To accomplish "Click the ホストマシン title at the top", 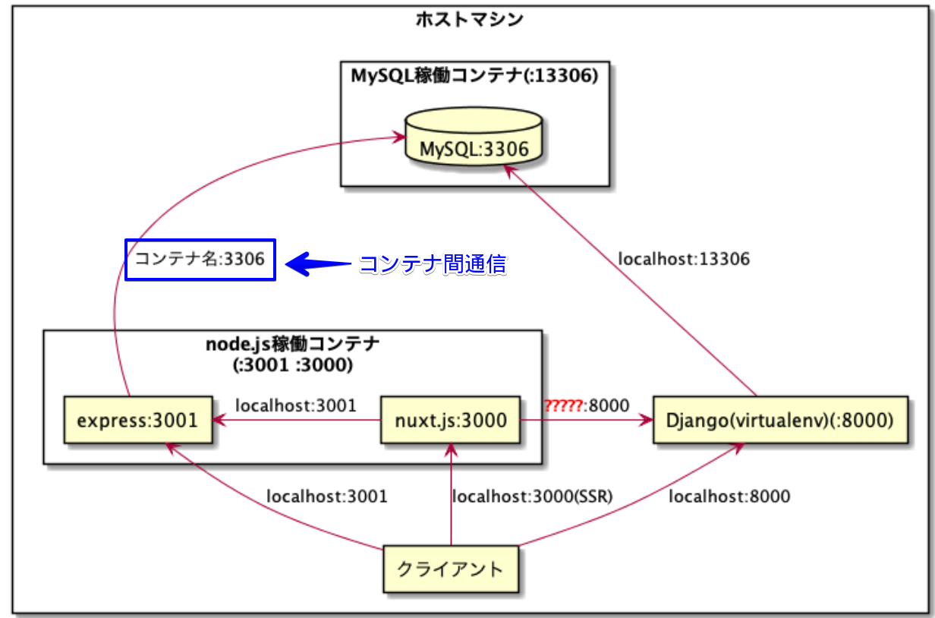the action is pos(470,20).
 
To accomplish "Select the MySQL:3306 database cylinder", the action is pos(474,137).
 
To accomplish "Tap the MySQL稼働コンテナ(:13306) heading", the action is pos(474,76).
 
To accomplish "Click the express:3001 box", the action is pos(138,420).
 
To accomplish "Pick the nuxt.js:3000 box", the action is pos(450,420).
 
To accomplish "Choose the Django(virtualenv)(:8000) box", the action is pos(780,420).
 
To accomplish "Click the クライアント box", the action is pos(451,569).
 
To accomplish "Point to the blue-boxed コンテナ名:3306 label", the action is pos(200,260).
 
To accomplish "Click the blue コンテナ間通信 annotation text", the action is pos(433,264).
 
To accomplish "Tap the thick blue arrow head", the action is pos(298,264).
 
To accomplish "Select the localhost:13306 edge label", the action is pos(684,259).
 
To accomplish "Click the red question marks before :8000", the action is pos(563,405).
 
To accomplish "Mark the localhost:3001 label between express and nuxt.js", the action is pos(296,405).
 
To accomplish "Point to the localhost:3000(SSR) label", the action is pos(532,497).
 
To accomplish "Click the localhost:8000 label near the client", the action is pos(729,497).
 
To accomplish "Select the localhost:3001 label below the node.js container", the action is pos(327,497).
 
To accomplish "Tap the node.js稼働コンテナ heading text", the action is pos(293,345).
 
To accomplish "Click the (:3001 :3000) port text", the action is pos(293,365).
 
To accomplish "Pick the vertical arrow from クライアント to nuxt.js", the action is pos(451,494).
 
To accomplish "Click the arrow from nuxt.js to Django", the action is pos(587,420).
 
